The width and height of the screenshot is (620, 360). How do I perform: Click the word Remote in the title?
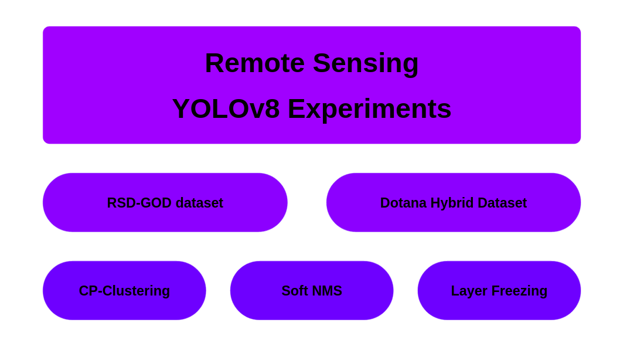[x=254, y=63]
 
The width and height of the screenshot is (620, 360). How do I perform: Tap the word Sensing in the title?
[x=366, y=63]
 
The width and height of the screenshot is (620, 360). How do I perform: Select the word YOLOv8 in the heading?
[x=226, y=109]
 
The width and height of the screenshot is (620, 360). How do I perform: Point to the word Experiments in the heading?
[x=369, y=109]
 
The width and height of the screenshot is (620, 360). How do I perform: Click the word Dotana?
[x=403, y=203]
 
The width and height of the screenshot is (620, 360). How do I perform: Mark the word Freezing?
[x=519, y=291]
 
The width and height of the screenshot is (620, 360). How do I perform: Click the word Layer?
[x=469, y=291]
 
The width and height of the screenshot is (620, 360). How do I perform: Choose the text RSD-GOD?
[x=139, y=203]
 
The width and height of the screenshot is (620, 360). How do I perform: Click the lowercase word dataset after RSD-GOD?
[x=199, y=203]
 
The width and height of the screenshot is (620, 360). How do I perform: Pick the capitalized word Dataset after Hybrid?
[x=502, y=203]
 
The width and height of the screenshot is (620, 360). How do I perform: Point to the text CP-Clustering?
[x=124, y=291]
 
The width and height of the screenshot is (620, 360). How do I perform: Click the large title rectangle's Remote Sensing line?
[x=312, y=63]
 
